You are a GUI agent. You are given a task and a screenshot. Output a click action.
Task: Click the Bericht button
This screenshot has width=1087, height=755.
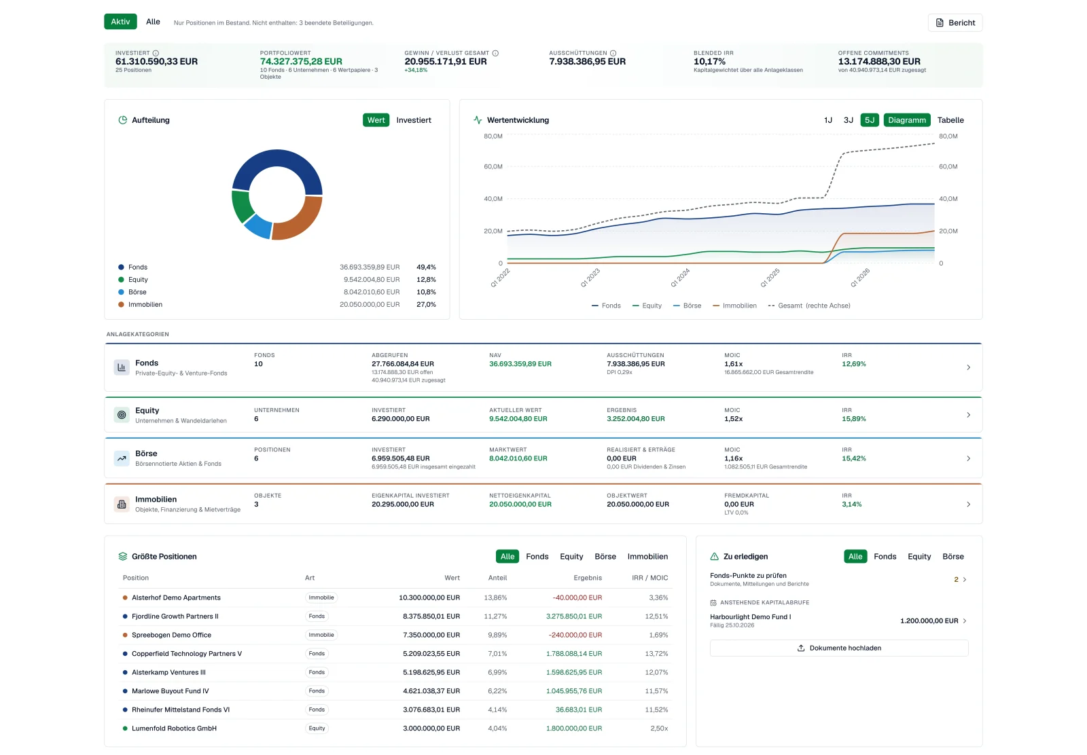point(955,23)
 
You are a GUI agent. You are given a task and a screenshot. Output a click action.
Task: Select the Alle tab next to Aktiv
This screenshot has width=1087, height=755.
point(153,22)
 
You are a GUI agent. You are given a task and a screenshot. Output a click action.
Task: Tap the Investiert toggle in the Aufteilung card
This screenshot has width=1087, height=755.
point(414,120)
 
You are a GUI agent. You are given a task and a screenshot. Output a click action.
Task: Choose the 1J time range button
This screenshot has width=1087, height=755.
point(828,120)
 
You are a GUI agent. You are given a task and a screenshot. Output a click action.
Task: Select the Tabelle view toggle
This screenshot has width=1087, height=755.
point(950,120)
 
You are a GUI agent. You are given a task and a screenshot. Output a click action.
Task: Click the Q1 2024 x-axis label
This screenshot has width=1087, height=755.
point(679,278)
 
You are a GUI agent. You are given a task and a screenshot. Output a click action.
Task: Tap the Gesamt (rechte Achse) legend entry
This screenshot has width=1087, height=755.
point(809,306)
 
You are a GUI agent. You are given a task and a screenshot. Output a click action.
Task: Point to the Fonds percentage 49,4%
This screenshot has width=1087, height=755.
point(426,268)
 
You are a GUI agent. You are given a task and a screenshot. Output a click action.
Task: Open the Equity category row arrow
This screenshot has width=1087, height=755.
point(968,415)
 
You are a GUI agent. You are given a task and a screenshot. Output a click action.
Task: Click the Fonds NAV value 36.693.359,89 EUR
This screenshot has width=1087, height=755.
point(520,364)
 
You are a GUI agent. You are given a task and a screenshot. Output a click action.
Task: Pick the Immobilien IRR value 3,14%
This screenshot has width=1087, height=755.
point(852,504)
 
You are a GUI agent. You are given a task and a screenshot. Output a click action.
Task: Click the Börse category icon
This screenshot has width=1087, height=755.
point(122,458)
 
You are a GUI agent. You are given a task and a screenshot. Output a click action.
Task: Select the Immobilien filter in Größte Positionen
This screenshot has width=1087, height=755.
point(647,557)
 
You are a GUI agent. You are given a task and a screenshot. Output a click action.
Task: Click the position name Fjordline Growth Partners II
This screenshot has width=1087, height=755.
point(175,616)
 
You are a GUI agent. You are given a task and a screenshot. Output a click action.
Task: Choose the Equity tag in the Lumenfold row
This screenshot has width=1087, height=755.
point(317,729)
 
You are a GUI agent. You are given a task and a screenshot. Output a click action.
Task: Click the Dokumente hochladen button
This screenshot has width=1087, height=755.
point(839,648)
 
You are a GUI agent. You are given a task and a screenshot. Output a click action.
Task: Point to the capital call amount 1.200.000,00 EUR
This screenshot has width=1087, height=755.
point(929,621)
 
